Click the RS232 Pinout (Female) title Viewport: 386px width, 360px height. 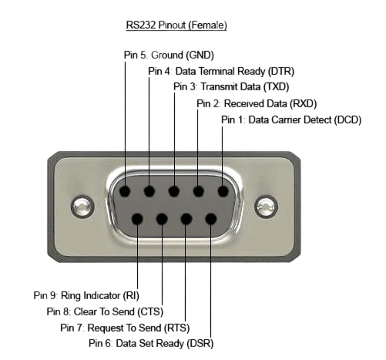[x=176, y=25]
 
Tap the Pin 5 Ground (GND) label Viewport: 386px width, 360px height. [x=169, y=55]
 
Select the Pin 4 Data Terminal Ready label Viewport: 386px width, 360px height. [x=221, y=71]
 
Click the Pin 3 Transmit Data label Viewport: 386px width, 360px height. [x=231, y=86]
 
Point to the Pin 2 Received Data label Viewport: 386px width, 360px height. [x=257, y=103]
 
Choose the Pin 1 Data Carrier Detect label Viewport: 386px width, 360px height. [x=291, y=119]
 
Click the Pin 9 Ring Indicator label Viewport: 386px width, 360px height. [x=86, y=295]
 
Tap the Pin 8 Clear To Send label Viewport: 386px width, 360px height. [x=105, y=311]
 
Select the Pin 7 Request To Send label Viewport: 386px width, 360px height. [x=125, y=328]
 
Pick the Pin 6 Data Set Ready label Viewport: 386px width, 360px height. [x=151, y=343]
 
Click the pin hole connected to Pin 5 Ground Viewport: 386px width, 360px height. [x=125, y=191]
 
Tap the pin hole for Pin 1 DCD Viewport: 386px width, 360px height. [x=223, y=191]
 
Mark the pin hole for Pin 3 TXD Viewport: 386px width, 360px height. [x=174, y=191]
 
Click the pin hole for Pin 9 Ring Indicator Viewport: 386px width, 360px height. [x=137, y=219]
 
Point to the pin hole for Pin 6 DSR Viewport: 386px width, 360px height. [x=211, y=219]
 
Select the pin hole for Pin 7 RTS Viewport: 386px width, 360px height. [x=186, y=219]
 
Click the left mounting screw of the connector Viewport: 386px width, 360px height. [x=82, y=207]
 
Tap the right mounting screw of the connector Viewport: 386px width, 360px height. [x=266, y=207]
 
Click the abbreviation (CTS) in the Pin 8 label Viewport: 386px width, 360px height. [x=150, y=312]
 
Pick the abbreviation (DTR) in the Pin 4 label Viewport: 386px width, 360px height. [x=281, y=72]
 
